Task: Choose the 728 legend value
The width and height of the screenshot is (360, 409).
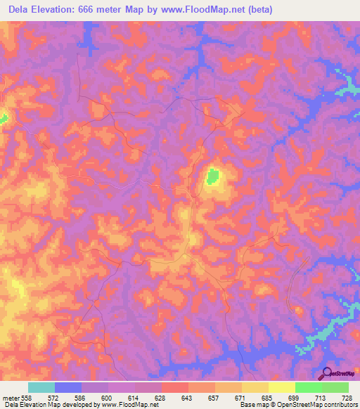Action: tap(348, 397)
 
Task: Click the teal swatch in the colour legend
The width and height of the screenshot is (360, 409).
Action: tap(41, 387)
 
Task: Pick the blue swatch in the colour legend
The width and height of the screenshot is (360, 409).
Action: tap(68, 387)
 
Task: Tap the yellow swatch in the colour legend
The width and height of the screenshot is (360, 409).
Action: tap(282, 387)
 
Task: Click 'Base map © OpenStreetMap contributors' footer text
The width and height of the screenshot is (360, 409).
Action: tap(298, 405)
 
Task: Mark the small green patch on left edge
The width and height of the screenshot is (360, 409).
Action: tap(3, 117)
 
